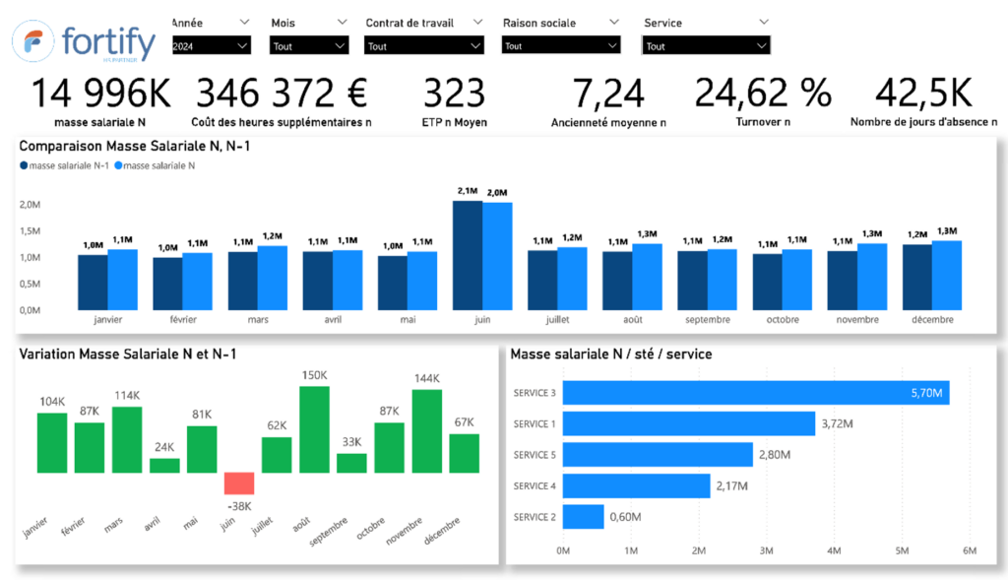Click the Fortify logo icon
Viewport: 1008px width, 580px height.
[x=32, y=45]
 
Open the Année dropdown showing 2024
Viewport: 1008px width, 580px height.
[x=211, y=45]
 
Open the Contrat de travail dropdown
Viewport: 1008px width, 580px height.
[x=423, y=45]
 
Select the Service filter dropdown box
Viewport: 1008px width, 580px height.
[x=705, y=45]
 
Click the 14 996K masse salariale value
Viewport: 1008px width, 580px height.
[x=100, y=94]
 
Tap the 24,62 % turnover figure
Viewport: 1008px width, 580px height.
[x=763, y=94]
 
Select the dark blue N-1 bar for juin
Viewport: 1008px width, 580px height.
[x=467, y=255]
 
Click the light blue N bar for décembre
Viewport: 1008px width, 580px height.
[x=946, y=275]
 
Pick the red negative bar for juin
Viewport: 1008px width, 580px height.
[x=239, y=483]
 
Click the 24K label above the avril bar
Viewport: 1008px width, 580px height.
[x=164, y=446]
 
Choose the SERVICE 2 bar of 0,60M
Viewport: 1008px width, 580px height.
[x=583, y=517]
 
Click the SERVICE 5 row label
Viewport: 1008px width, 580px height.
[x=535, y=455]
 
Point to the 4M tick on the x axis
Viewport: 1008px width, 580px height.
[x=833, y=550]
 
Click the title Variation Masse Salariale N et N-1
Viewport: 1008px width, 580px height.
[x=128, y=354]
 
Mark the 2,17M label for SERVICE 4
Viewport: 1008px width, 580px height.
[x=731, y=486]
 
